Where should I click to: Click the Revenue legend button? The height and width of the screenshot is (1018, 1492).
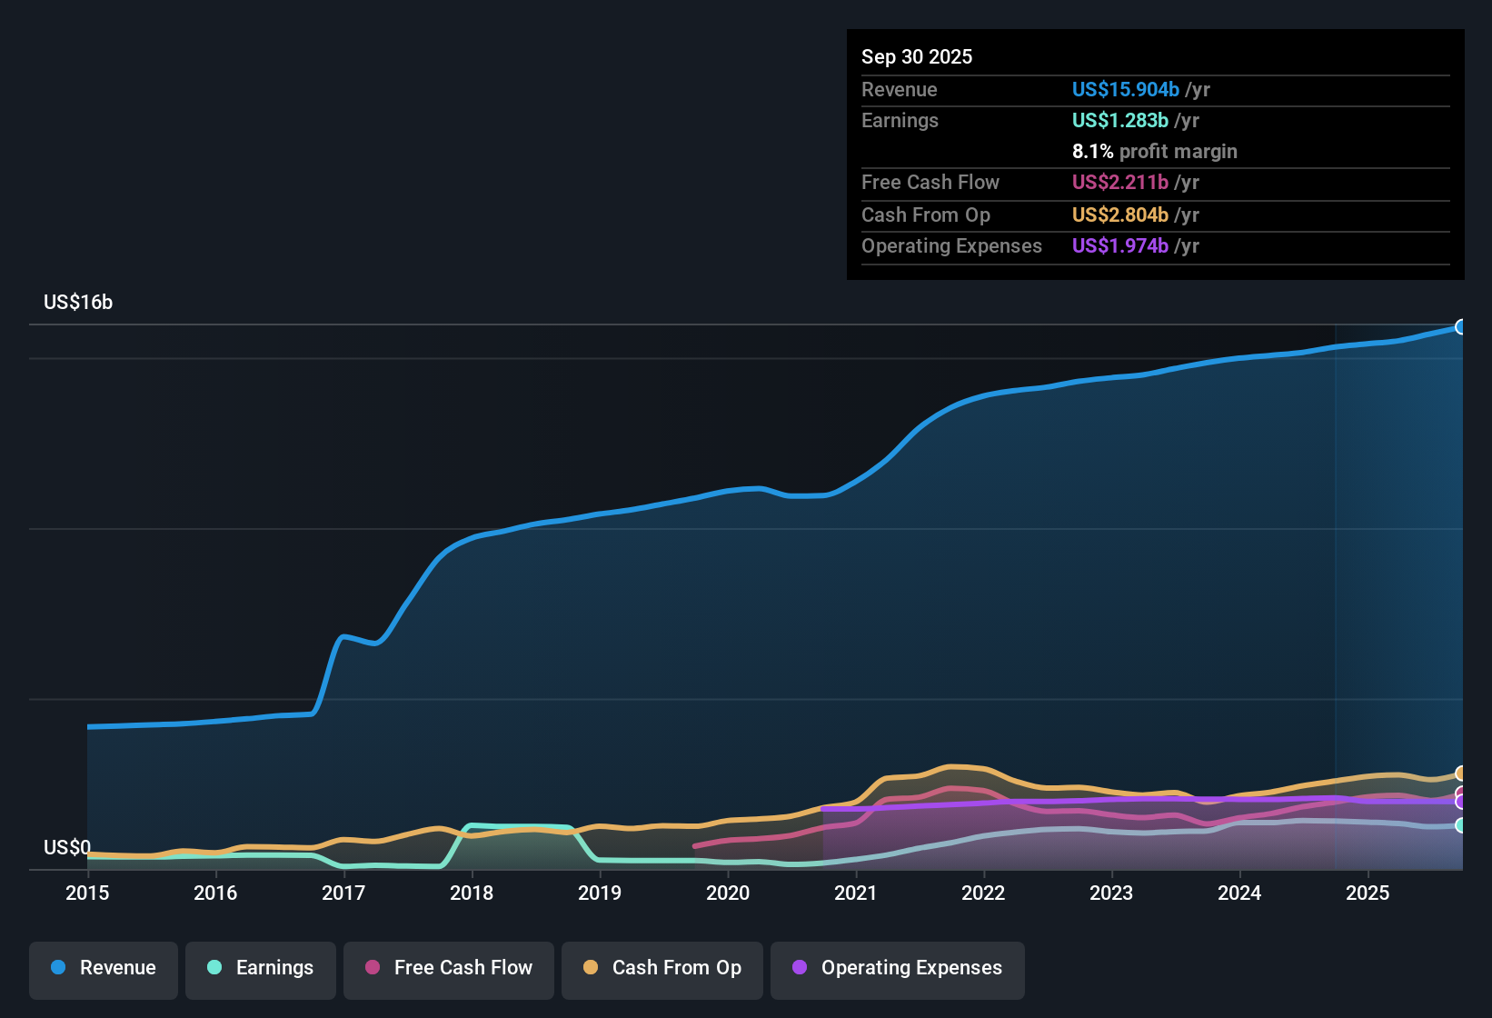[x=104, y=968]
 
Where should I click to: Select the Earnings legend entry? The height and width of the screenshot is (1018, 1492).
[x=261, y=968]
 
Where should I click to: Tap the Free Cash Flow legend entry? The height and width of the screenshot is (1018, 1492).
[x=449, y=968]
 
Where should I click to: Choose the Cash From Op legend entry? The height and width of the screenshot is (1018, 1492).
[x=662, y=968]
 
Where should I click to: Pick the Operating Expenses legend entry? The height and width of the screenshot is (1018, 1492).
[x=898, y=968]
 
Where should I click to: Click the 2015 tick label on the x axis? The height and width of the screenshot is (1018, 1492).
[x=87, y=893]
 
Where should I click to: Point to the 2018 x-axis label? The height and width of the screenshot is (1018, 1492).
[x=472, y=893]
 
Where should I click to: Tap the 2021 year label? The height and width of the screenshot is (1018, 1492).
[x=855, y=893]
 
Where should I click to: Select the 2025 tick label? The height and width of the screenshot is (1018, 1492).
[x=1367, y=893]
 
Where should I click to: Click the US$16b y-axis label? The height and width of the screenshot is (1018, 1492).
[x=78, y=303]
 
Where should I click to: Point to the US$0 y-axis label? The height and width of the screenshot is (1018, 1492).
[x=67, y=848]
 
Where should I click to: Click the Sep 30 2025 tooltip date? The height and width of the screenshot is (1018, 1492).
[x=917, y=57]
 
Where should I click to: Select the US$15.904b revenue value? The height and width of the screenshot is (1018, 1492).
[x=1125, y=90]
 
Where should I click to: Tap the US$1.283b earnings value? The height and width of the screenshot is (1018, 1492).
[x=1119, y=121]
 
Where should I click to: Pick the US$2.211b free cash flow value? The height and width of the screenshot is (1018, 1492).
[x=1119, y=183]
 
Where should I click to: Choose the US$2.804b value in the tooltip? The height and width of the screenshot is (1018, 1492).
[x=1119, y=215]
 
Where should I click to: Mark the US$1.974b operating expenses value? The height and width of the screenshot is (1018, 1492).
[x=1119, y=246]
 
